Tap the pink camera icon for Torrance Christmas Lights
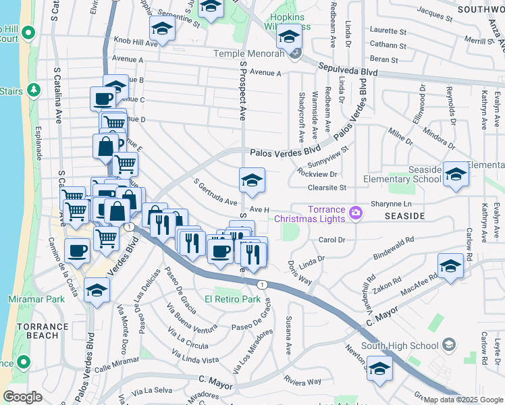[x=355, y=214]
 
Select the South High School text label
[x=399, y=346]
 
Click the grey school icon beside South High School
[x=448, y=346]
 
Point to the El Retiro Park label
[x=232, y=298]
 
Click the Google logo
[x=23, y=397]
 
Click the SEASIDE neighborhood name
[x=404, y=216]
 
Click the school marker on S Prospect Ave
[x=252, y=180]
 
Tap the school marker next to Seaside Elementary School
[x=456, y=175]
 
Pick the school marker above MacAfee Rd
[x=450, y=266]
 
